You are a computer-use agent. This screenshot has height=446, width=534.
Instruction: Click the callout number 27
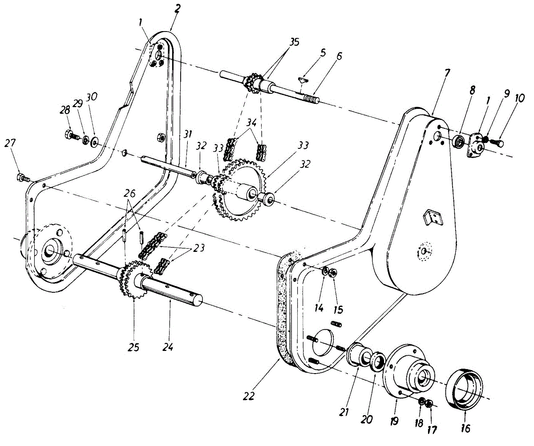point(10,143)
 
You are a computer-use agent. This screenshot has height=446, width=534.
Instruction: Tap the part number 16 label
point(465,428)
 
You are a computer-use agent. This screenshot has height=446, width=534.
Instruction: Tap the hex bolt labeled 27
point(21,178)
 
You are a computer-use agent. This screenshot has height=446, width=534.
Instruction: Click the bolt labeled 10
point(498,143)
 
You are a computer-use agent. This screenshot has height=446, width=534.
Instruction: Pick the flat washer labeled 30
point(94,143)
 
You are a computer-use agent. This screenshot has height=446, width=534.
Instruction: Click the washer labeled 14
point(325,271)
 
